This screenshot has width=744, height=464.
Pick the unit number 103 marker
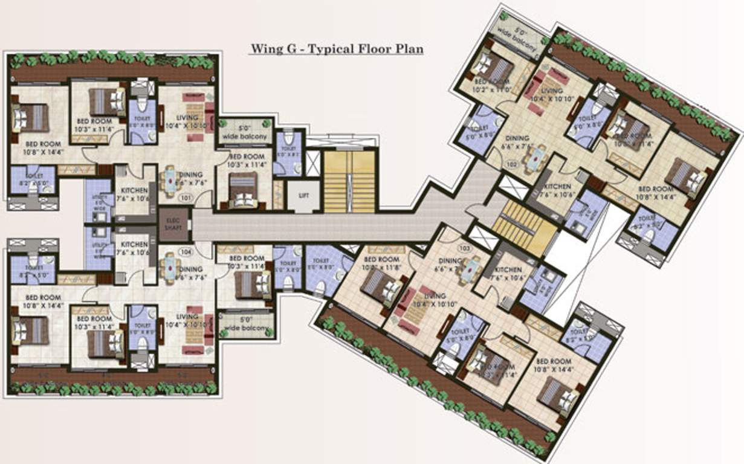point(465,248)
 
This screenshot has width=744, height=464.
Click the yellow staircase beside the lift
point(349,181)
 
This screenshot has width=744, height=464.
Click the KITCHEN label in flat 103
point(508,270)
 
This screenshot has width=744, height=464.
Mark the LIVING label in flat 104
point(186,317)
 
